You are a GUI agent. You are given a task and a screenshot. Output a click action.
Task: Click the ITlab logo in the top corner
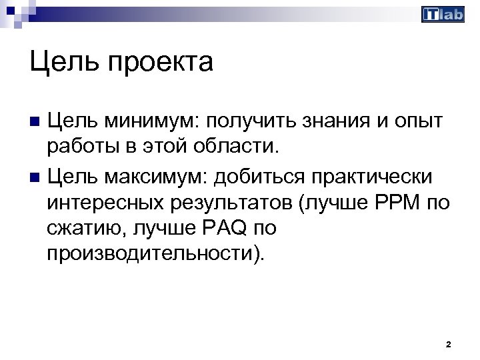443,14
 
